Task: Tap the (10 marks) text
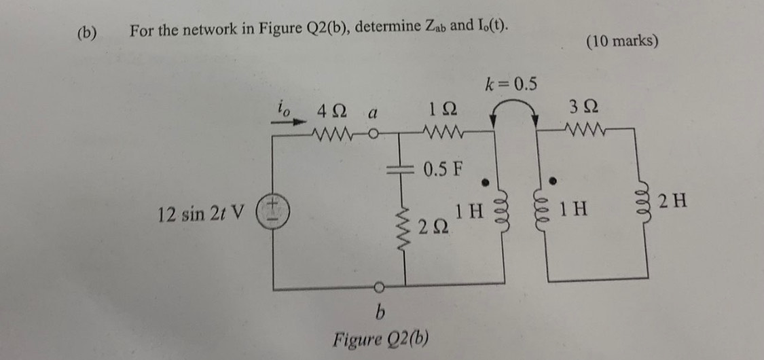[621, 41]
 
